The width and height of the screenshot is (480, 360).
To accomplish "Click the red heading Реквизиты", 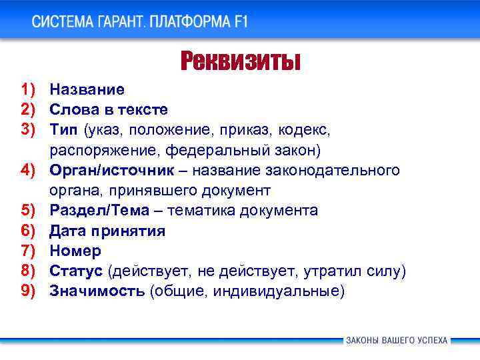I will point(241,61).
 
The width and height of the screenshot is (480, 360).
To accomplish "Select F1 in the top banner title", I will point(240,21).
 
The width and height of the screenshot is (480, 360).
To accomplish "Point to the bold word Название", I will point(87,89).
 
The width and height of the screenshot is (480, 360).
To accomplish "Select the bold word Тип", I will point(64,129).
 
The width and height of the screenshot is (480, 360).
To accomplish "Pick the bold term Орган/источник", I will point(112,170).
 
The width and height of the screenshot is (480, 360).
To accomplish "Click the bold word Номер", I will point(75,251).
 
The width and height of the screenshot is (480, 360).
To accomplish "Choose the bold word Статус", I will point(76,271).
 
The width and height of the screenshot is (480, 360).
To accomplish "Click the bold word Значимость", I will point(97,291).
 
